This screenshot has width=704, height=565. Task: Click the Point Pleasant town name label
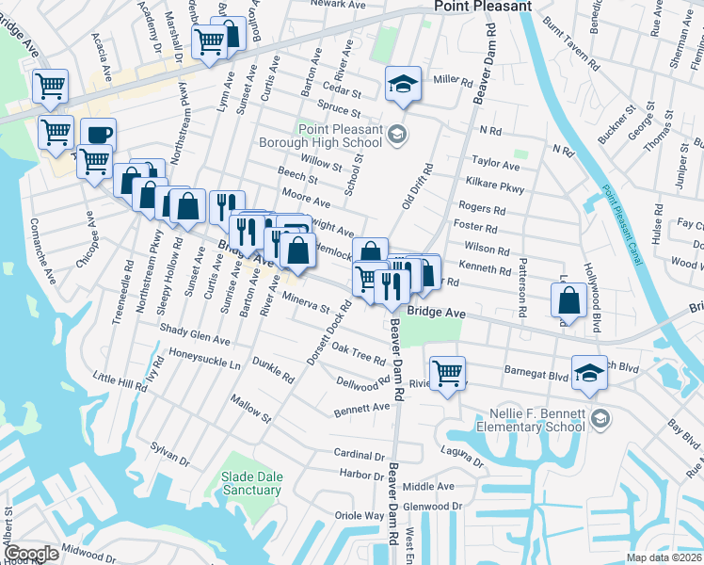[483, 7]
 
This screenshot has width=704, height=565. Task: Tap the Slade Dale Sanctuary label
[251, 484]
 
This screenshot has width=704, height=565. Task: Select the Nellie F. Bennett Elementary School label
[537, 420]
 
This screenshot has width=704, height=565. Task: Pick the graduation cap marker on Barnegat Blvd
[589, 372]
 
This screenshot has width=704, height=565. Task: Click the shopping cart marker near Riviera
[447, 372]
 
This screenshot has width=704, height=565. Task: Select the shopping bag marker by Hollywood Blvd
[570, 300]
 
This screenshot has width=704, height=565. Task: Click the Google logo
[31, 554]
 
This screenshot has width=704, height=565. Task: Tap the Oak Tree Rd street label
[359, 354]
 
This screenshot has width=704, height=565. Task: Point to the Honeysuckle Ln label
[205, 359]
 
